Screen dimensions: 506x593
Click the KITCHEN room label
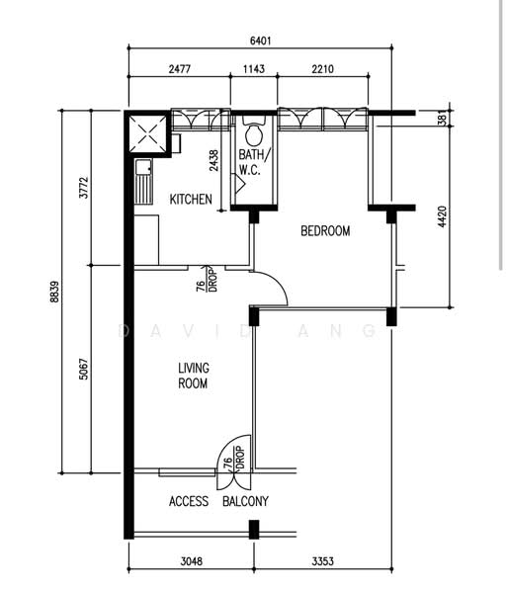[x=191, y=200]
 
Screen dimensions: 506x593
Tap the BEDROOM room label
[x=325, y=230]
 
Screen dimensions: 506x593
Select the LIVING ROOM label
[x=193, y=376]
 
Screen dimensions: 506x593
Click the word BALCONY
[x=245, y=501]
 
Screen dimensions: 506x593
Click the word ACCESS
[x=189, y=501]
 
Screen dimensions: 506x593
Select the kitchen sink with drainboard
[x=144, y=182]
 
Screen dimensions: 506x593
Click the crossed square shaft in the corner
[x=147, y=133]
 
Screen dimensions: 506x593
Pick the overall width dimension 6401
[x=261, y=41]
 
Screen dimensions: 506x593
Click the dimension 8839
[x=54, y=292]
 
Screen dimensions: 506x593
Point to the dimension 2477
[x=180, y=69]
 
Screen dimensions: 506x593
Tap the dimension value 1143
[x=254, y=69]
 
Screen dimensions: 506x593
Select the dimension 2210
[x=322, y=69]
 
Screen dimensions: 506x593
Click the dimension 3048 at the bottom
[x=192, y=561]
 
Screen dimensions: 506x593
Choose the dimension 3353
[x=322, y=561]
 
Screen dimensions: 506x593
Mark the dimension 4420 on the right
[x=442, y=216]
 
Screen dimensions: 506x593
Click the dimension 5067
[x=84, y=369]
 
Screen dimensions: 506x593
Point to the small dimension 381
[x=442, y=118]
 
